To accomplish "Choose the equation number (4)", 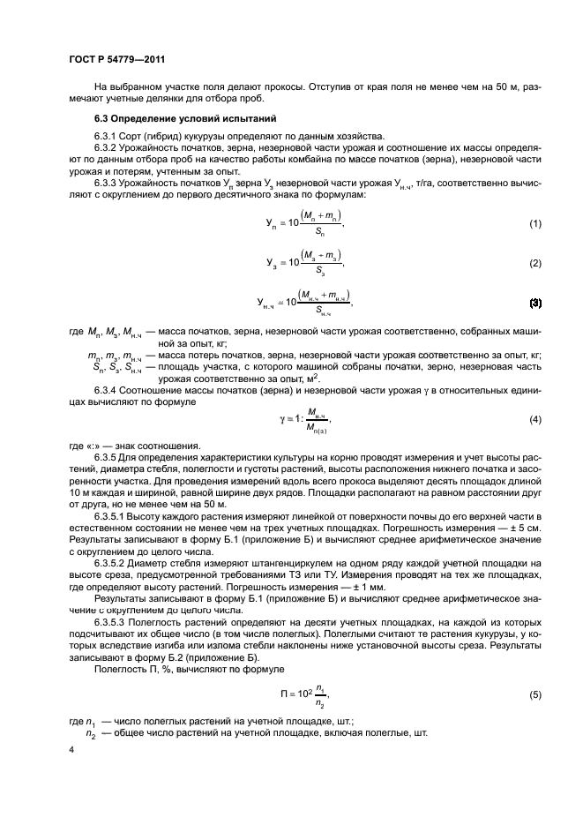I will click(534, 419).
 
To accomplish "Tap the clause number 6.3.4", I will click(108, 388).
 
